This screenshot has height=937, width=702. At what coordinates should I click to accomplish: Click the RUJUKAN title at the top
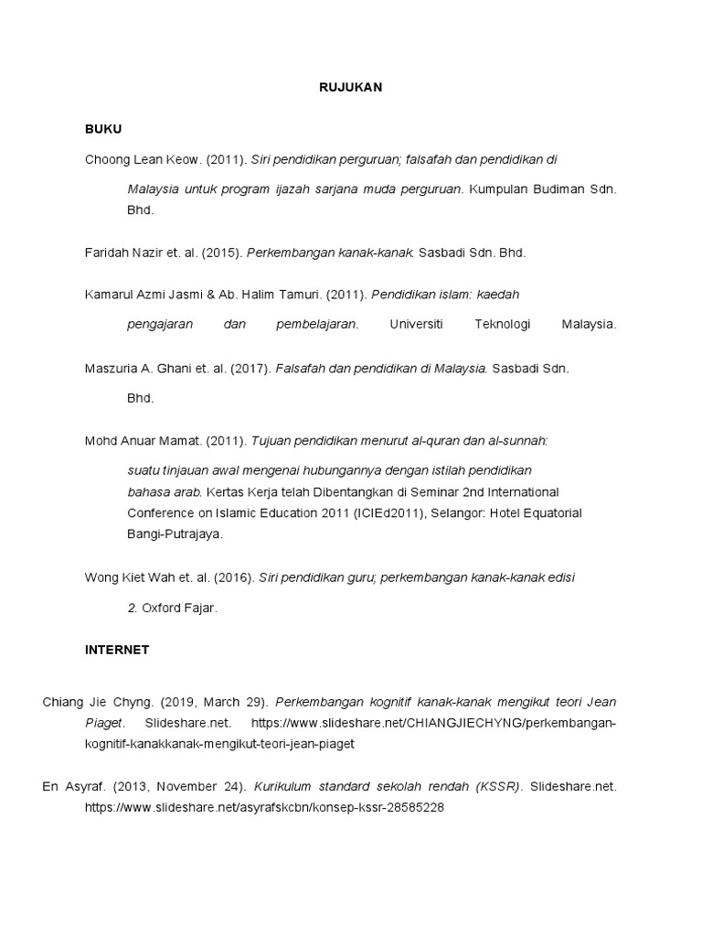coord(351,88)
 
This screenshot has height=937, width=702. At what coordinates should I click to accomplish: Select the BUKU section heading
coord(103,129)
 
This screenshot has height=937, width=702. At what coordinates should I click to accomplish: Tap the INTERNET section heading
coord(117,650)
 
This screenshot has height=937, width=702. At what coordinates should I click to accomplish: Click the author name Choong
coord(108,159)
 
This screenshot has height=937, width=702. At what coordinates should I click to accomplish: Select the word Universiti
coord(416,324)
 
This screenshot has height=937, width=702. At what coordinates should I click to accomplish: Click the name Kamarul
coord(109,295)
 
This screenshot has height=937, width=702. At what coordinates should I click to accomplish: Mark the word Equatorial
coord(548,512)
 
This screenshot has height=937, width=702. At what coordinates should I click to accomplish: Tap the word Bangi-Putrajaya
coord(174,533)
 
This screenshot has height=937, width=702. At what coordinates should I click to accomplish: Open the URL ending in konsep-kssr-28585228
coord(264,808)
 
